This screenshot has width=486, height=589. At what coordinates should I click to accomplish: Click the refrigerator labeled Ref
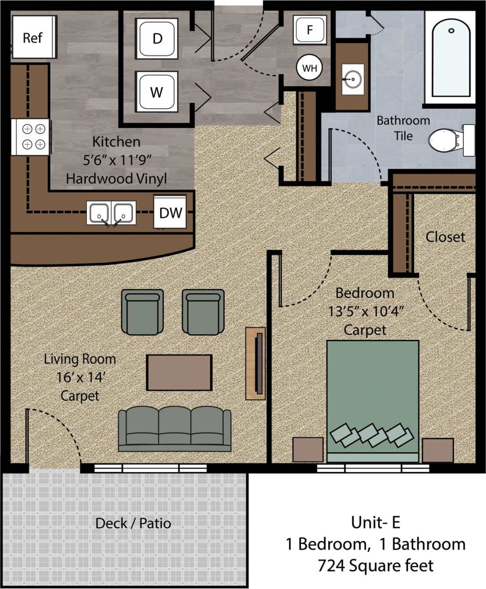(34, 37)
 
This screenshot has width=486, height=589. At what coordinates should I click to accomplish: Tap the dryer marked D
(157, 38)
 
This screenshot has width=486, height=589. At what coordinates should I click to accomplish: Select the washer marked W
(157, 92)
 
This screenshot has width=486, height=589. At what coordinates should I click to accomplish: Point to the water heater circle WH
(310, 68)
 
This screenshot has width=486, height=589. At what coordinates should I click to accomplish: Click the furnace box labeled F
(310, 30)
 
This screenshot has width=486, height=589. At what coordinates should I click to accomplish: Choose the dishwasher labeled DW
(170, 213)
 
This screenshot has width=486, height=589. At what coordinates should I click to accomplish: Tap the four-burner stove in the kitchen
(33, 136)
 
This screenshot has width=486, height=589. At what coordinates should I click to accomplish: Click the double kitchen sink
(111, 213)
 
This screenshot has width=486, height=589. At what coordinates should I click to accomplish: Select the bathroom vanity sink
(352, 79)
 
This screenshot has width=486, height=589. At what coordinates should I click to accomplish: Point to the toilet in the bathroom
(447, 140)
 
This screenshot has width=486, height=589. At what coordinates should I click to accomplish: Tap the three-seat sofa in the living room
(174, 429)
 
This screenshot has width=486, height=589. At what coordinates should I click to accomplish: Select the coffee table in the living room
(179, 372)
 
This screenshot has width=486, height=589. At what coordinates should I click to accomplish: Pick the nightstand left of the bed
(308, 450)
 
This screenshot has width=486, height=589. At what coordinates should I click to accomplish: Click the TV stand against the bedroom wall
(256, 363)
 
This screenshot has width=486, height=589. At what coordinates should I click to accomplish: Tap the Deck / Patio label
(133, 523)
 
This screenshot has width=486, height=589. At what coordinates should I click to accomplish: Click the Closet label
(445, 237)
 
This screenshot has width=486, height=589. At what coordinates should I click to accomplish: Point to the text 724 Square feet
(375, 565)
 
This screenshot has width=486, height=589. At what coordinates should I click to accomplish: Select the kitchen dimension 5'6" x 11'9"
(117, 160)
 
